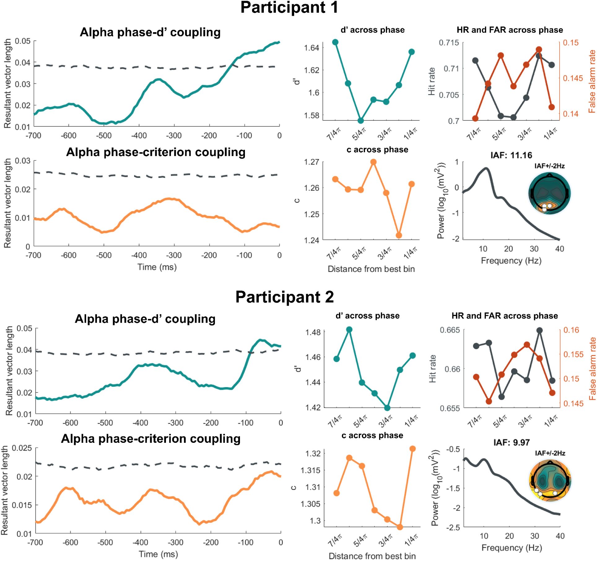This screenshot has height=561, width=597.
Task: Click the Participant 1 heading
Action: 289,7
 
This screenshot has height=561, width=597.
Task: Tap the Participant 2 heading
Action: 285,297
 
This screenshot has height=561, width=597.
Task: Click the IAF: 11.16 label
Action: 511,155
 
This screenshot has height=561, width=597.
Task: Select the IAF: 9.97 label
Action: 512,442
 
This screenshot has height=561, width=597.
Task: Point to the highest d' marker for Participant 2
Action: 349,330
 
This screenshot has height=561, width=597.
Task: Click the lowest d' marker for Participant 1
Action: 360,121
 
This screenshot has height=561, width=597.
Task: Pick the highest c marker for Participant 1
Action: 373,162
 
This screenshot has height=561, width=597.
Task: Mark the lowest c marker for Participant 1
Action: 399,235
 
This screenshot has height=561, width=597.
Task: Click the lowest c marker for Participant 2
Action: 400,527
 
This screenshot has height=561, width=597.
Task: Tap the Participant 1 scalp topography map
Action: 549,194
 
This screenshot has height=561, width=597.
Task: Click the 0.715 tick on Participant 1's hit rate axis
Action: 449,43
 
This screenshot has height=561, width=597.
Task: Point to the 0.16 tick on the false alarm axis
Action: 571,330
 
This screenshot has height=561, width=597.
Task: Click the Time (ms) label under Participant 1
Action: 157,267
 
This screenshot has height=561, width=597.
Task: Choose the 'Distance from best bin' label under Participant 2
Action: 372,556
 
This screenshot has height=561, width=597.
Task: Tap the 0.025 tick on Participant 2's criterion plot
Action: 22,448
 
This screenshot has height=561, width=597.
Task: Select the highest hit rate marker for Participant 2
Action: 540,330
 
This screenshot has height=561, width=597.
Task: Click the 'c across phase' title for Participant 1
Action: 377,150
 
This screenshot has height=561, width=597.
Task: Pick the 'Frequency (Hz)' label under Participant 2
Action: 512,548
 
